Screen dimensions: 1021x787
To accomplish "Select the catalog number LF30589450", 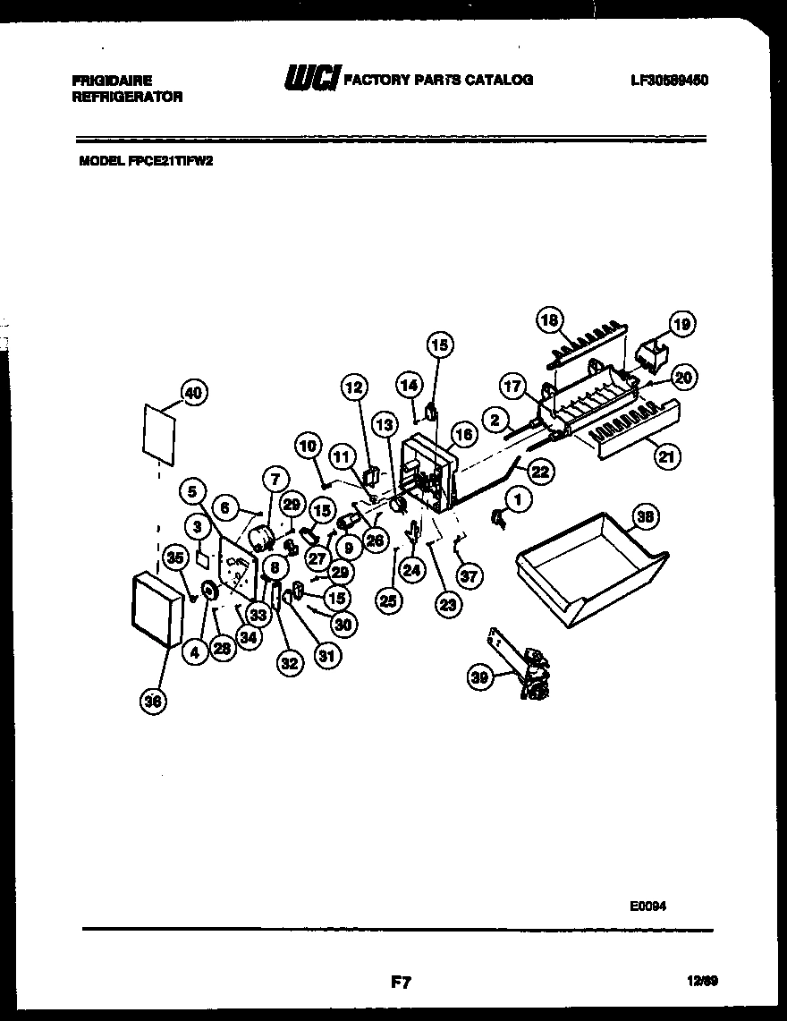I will (669, 80).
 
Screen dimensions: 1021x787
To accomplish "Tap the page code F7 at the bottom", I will (400, 983).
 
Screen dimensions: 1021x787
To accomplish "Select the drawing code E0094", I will (647, 905).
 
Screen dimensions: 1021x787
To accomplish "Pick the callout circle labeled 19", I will (682, 324).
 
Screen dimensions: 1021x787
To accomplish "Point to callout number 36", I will (153, 702).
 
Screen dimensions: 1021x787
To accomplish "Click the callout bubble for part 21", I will (665, 456).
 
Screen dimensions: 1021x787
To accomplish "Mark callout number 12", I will (353, 387).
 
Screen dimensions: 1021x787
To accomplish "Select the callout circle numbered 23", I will (446, 605).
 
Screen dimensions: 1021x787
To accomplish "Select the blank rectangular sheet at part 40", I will (157, 432).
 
